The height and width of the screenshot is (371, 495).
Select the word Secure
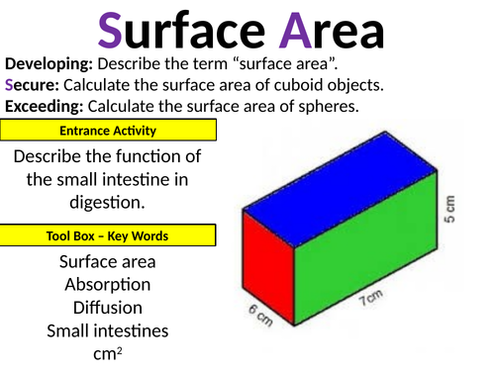tap(34, 83)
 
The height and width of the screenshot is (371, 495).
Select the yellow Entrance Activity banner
tap(108, 131)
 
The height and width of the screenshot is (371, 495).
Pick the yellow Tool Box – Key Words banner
tap(108, 235)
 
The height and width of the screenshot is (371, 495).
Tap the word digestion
tap(107, 203)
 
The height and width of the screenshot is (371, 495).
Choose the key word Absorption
tap(107, 285)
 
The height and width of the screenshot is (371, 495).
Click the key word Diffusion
tap(107, 308)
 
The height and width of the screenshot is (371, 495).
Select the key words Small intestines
tap(107, 330)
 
